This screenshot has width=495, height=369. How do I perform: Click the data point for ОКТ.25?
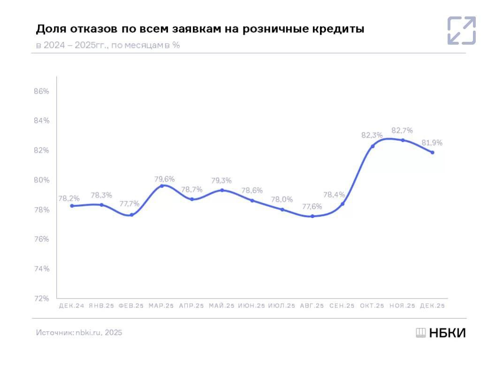373,146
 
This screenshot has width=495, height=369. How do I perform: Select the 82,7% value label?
402,130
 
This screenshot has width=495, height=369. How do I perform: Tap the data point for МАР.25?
162,186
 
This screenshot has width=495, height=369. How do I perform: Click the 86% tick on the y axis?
42,91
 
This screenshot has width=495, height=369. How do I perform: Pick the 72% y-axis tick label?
42,298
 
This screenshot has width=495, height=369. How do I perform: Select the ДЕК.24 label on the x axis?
71,306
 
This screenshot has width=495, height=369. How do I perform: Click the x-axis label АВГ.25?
312,306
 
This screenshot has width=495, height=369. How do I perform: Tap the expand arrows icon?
461,31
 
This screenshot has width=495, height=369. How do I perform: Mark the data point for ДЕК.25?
432,152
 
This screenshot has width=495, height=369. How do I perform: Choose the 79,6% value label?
165,179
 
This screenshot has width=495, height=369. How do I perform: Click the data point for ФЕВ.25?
132,215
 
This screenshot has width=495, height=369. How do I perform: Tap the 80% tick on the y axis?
42,180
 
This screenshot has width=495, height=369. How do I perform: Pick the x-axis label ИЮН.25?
252,306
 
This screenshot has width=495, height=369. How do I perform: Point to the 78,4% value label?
334,195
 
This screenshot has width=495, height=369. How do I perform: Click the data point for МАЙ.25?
222,190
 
